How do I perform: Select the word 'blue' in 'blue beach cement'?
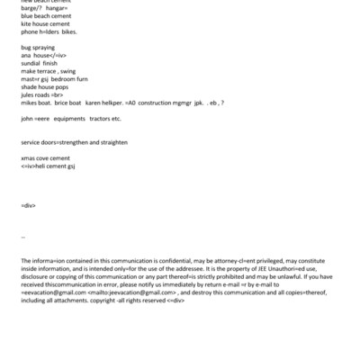pos(26,15)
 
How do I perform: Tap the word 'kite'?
pos(25,23)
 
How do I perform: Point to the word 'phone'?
pos(29,31)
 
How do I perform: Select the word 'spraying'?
pos(44,48)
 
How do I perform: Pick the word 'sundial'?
pos(31,64)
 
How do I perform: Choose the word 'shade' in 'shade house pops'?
pos(29,87)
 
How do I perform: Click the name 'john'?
pos(26,119)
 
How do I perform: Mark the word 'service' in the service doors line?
pos(31,142)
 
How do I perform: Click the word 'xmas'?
pos(27,158)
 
